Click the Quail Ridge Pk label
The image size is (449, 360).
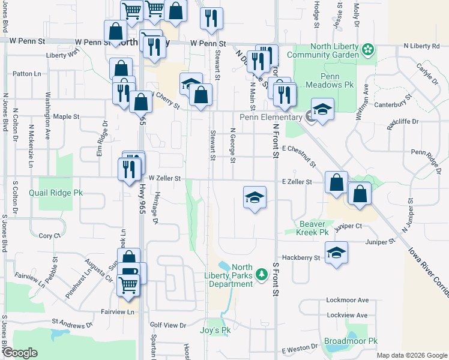[x=56, y=193]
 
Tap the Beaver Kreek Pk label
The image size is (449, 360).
[x=314, y=228]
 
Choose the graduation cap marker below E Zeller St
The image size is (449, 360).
[x=255, y=197]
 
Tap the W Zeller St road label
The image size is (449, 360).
[x=164, y=178]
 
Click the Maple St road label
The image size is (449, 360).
[x=67, y=116]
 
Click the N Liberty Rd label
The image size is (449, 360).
[x=421, y=46]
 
